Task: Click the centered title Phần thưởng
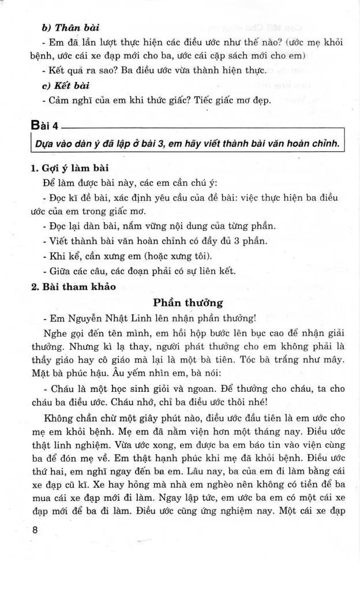188,302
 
